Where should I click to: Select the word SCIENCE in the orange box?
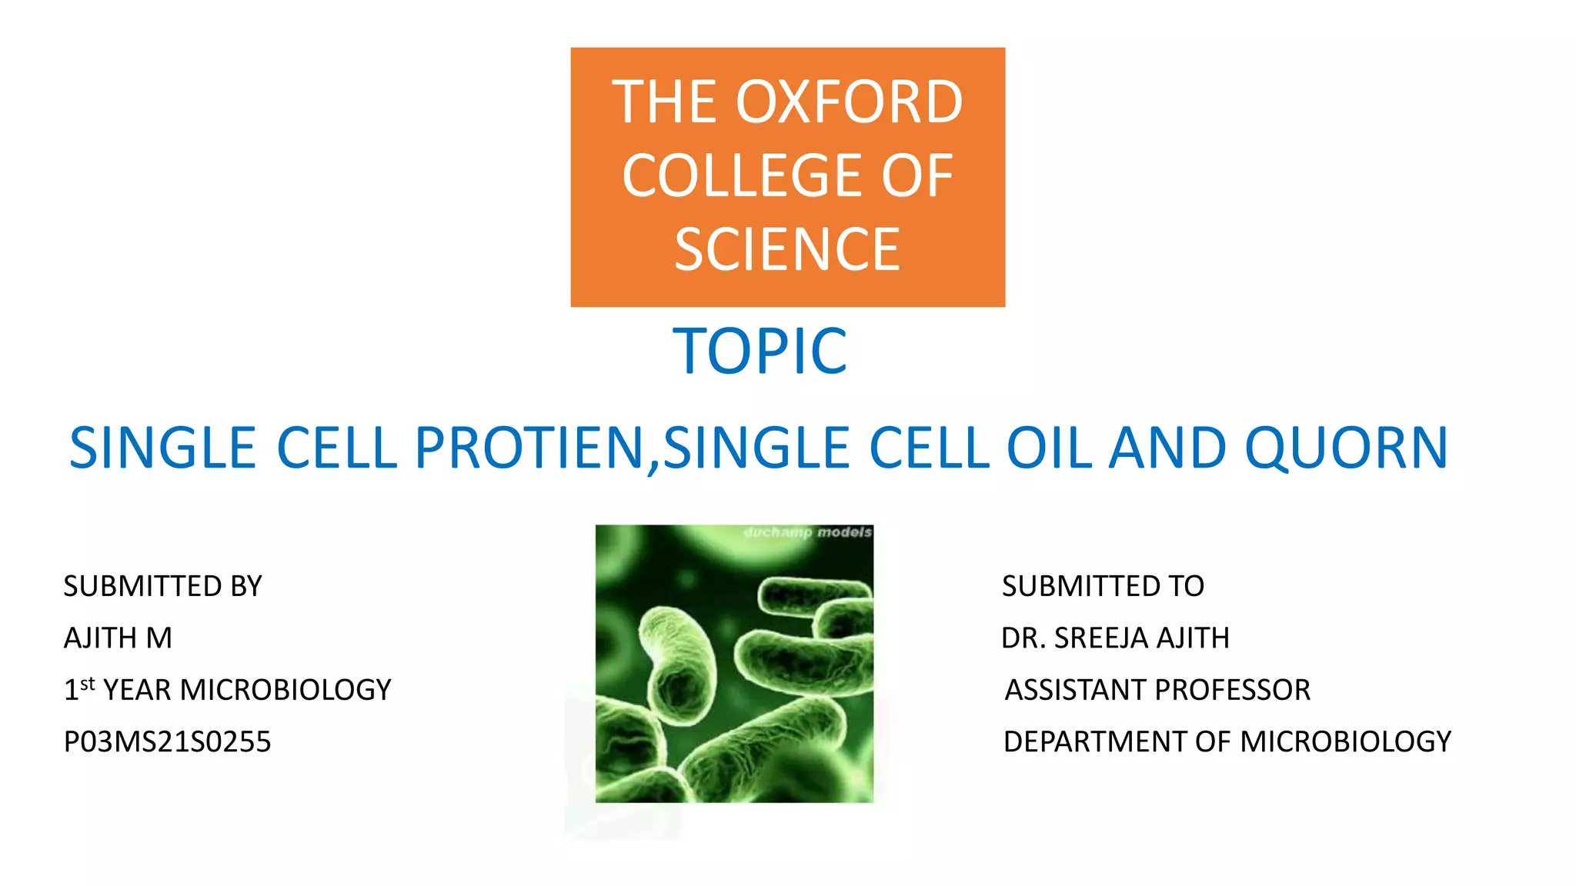(787, 250)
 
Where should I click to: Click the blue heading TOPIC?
(760, 351)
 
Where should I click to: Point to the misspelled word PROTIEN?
(529, 448)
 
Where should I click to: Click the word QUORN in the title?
(1347, 448)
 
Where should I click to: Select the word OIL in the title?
(1049, 448)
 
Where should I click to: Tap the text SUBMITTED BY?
(162, 586)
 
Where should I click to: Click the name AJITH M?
(118, 638)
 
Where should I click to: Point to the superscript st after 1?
(88, 683)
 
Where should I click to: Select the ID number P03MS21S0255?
(167, 741)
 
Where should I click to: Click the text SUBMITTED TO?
(1102, 586)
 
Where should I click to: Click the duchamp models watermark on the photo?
(807, 532)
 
